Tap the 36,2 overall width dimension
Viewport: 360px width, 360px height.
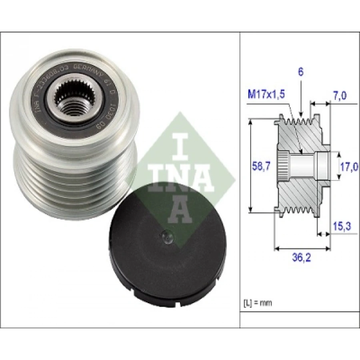pyautogui.click(x=302, y=258)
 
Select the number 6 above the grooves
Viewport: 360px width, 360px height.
pyautogui.click(x=301, y=72)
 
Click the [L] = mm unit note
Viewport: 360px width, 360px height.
pyautogui.click(x=258, y=303)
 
